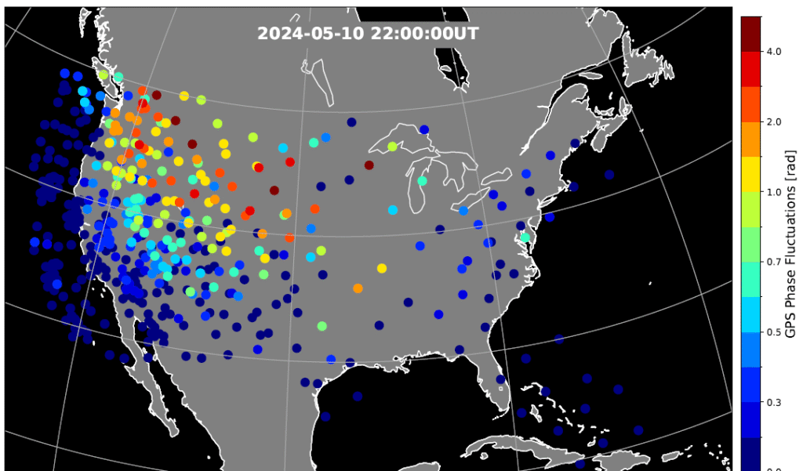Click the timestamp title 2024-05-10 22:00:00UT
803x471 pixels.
click(368, 34)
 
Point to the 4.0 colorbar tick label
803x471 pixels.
click(774, 52)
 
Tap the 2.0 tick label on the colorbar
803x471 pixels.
click(774, 121)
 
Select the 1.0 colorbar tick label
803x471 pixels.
click(774, 192)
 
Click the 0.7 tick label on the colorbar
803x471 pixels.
click(774, 262)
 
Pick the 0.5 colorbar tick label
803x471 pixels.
click(774, 332)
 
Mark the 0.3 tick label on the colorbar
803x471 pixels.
click(774, 402)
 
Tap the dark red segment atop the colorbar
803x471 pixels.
click(750, 34)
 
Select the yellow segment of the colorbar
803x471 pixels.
click(750, 174)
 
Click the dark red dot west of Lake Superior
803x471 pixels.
click(369, 165)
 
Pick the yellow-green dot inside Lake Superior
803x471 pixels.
click(392, 147)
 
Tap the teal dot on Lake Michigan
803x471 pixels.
click(422, 181)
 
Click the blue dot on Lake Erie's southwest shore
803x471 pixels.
click(463, 210)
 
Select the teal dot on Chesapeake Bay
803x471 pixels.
click(525, 237)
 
